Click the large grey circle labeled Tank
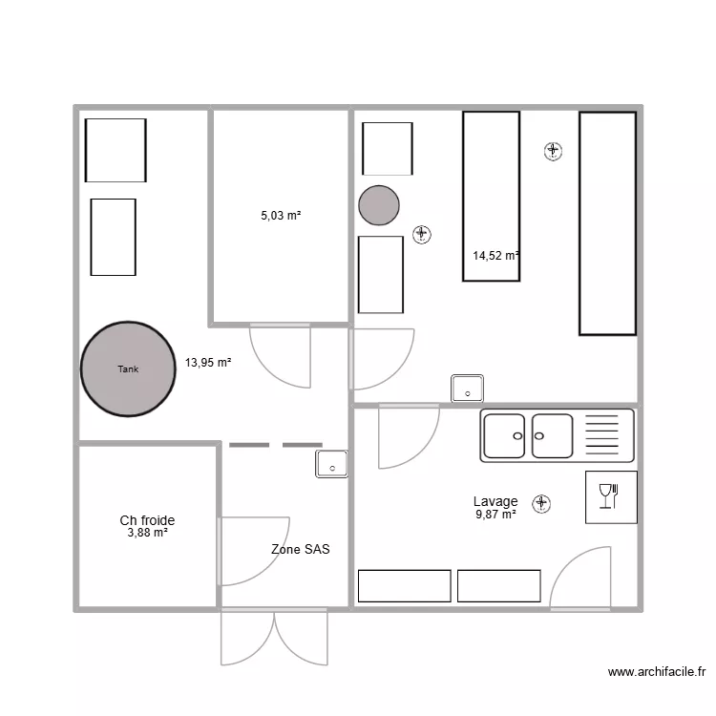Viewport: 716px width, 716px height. (x=128, y=369)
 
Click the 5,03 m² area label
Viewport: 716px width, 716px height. (x=281, y=217)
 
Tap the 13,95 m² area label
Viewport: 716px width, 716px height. (x=208, y=363)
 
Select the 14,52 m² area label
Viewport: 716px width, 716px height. (x=495, y=255)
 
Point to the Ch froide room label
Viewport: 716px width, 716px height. (x=147, y=520)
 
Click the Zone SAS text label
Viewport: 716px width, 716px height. (x=301, y=550)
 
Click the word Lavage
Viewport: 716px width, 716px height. (x=495, y=501)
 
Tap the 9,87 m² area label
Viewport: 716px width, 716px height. (x=495, y=515)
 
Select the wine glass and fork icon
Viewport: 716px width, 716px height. (x=611, y=496)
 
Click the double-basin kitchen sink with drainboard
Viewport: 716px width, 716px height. (x=557, y=436)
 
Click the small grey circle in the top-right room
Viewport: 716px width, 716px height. (x=379, y=204)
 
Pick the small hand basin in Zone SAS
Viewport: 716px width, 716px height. (x=331, y=465)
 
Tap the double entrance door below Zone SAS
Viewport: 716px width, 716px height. (x=275, y=637)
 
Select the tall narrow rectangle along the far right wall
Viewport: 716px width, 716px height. (x=607, y=223)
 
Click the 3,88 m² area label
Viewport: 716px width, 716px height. (x=147, y=533)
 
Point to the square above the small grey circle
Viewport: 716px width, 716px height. (x=388, y=149)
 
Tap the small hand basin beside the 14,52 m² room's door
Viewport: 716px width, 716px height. (x=468, y=389)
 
